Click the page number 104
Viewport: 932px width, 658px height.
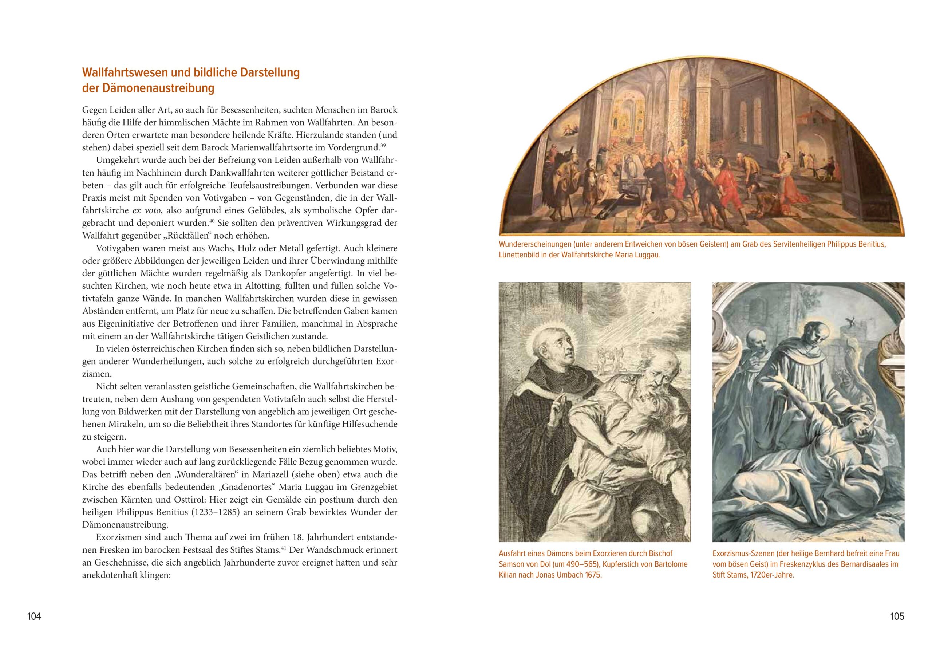(34, 616)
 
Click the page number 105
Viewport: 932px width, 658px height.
(897, 616)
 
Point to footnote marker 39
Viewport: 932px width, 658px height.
(383, 145)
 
